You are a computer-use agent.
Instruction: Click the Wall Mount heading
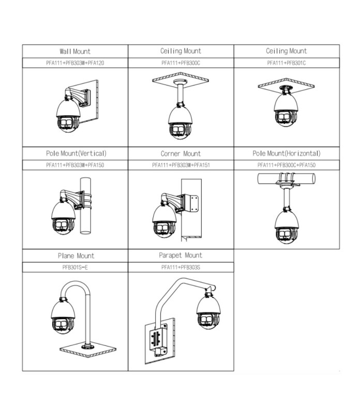(x=75, y=51)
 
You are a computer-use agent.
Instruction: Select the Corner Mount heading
(x=180, y=153)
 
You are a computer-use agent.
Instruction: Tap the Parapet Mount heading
(x=180, y=255)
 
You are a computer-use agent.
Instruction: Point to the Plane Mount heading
(x=76, y=256)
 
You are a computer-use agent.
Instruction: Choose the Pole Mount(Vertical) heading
(x=76, y=153)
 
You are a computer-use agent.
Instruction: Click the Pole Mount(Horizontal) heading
(x=286, y=153)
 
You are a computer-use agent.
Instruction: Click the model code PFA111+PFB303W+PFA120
(x=76, y=63)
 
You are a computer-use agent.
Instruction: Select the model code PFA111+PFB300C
(x=180, y=63)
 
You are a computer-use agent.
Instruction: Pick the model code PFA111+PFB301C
(x=286, y=63)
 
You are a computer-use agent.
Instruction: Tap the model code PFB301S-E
(x=76, y=267)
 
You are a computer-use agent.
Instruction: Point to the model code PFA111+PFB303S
(x=180, y=267)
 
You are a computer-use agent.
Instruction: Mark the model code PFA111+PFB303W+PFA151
(x=180, y=165)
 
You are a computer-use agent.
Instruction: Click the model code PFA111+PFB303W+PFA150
(x=76, y=165)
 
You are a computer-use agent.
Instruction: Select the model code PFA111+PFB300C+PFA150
(x=286, y=165)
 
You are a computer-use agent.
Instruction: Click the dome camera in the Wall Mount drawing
(x=67, y=118)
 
